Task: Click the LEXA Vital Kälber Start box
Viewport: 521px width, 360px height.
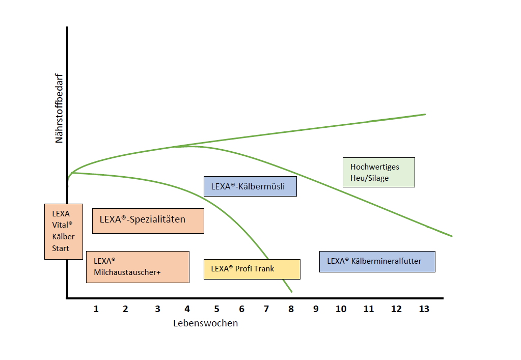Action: [x=64, y=232]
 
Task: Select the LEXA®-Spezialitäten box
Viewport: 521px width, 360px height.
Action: [x=148, y=221]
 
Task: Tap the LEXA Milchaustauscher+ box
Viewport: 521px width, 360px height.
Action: [x=138, y=267]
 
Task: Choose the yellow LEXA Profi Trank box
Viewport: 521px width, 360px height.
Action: [x=252, y=269]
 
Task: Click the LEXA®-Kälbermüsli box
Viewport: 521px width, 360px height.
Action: [x=250, y=186]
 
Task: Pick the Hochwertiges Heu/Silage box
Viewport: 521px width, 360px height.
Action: [x=379, y=172]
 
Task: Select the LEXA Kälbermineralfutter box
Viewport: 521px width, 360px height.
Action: [x=377, y=262]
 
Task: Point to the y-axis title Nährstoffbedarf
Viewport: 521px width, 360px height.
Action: [x=59, y=108]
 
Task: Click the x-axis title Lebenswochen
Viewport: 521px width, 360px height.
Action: [x=206, y=323]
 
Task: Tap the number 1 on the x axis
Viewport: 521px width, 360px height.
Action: [x=96, y=309]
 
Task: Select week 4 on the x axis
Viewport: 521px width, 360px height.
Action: [x=187, y=309]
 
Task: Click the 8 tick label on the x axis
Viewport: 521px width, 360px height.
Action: [x=291, y=309]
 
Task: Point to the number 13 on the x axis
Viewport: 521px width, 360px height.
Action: [x=424, y=309]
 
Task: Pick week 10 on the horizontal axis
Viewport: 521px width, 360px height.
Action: [x=341, y=309]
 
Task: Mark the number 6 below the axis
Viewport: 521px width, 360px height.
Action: [x=241, y=309]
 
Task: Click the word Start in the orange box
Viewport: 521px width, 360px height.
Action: [x=61, y=248]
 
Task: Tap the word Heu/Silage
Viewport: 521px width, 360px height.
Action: [x=369, y=178]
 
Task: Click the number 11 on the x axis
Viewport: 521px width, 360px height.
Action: [x=369, y=309]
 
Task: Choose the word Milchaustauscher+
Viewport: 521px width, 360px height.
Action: [x=127, y=272]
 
